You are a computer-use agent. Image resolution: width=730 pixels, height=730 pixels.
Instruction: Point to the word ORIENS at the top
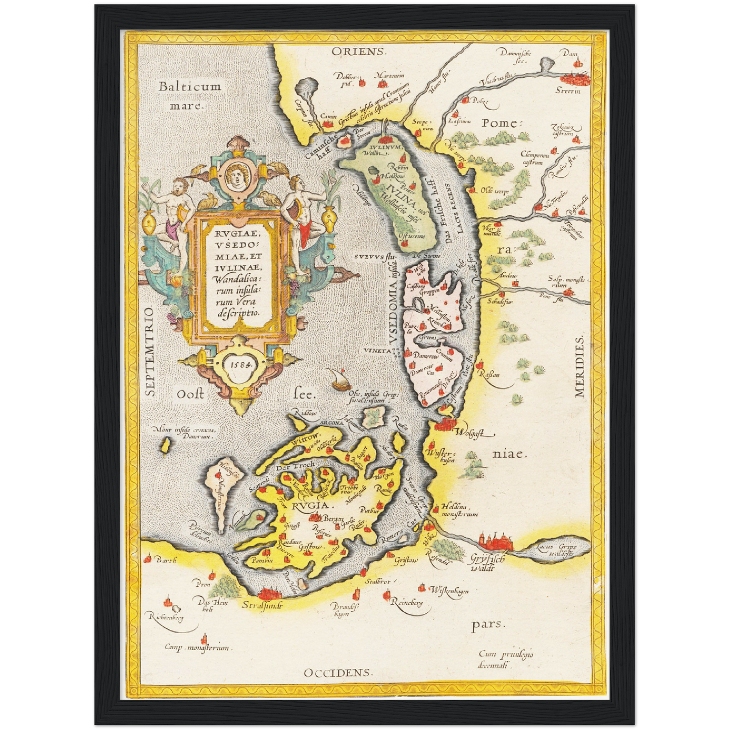(x=359, y=52)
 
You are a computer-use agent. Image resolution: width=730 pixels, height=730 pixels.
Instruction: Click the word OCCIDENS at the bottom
(x=338, y=672)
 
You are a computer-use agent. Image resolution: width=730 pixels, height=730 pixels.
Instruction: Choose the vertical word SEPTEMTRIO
(x=149, y=352)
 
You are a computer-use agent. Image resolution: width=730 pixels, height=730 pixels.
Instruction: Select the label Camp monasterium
(x=197, y=648)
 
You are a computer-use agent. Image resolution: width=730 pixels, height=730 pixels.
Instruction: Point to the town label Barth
(x=166, y=560)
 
